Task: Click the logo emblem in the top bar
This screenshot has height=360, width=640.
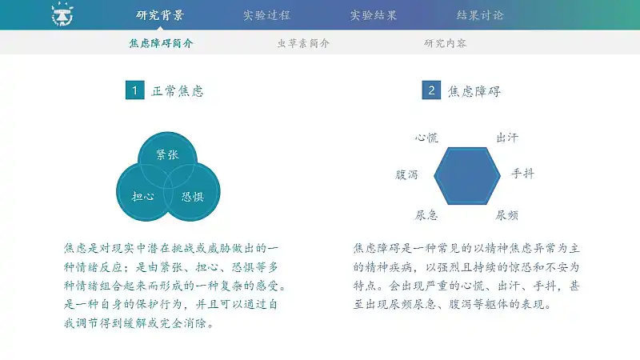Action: pos(62,14)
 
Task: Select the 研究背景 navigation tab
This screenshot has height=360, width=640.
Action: pos(160,15)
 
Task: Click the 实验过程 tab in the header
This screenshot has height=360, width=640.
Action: pos(266,15)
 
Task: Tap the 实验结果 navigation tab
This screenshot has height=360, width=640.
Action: pos(374,15)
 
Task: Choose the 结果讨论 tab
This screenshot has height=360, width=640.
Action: pos(480,15)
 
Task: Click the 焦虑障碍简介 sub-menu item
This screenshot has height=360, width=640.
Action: pos(161,43)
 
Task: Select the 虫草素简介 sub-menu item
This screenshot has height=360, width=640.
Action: pos(303,43)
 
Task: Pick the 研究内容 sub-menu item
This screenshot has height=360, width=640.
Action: pos(445,43)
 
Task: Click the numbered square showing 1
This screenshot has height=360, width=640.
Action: pos(134,90)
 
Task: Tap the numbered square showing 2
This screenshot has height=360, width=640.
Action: pos(431,90)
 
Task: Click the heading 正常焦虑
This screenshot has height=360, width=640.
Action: pos(178,90)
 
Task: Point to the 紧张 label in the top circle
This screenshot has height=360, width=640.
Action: pos(167,154)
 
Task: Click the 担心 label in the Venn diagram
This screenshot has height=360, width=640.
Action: pos(143,196)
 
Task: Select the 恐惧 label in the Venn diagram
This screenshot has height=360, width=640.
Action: pos(193,197)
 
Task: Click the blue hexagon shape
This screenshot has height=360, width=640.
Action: pos(467,176)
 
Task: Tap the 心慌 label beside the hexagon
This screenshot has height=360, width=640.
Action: pos(426,138)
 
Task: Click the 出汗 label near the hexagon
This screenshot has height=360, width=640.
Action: pos(507,138)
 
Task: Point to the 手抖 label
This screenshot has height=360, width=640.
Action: pos(523,174)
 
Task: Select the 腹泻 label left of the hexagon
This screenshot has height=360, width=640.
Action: pos(406,174)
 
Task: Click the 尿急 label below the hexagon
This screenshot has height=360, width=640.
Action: pos(426,214)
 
